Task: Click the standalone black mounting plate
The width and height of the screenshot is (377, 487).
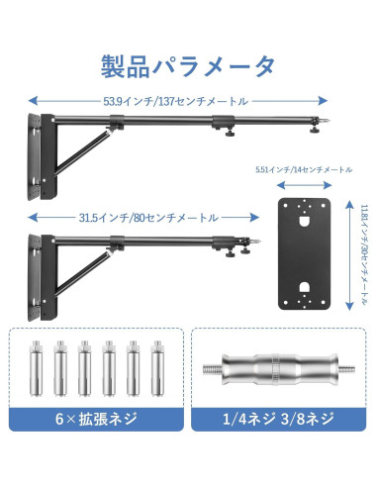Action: coord(304,251)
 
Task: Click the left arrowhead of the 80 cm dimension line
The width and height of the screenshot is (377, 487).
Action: coord(32,217)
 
